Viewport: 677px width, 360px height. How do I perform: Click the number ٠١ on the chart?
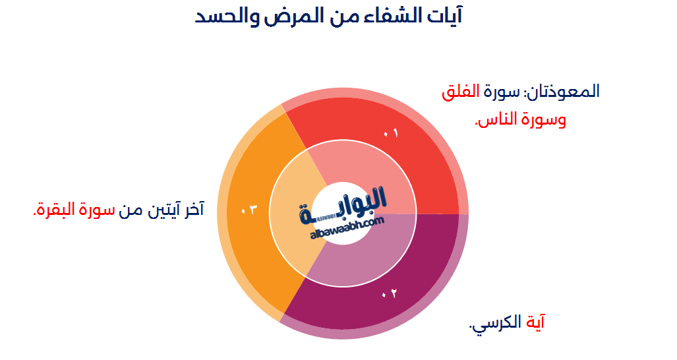click(x=391, y=133)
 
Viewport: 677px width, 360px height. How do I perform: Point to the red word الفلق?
click(x=459, y=92)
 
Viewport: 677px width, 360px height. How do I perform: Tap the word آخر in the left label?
click(x=192, y=210)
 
